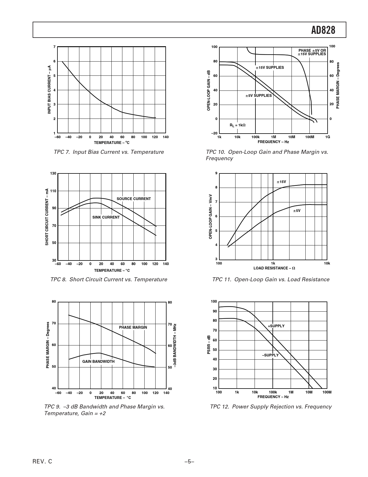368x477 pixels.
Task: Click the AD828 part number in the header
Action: click(x=323, y=30)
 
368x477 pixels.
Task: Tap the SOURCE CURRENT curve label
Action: click(x=134, y=199)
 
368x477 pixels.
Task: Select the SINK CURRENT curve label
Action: click(x=106, y=217)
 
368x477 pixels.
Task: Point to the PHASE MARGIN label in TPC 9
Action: click(x=133, y=328)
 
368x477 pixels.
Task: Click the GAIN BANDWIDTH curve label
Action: click(x=98, y=362)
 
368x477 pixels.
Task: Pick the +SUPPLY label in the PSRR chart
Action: click(x=276, y=326)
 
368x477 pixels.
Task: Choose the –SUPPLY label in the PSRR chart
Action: click(x=270, y=355)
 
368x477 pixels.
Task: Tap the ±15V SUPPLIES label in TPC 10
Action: click(x=270, y=68)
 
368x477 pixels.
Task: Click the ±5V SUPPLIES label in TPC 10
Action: click(x=259, y=96)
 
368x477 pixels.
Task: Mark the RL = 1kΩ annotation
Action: click(x=238, y=125)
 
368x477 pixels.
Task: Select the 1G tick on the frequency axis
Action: click(x=328, y=137)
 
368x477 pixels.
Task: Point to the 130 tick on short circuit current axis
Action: click(x=53, y=173)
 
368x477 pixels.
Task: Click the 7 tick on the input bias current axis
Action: click(x=54, y=47)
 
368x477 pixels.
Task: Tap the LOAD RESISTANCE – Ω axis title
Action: click(x=274, y=268)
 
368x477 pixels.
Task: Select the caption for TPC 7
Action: click(x=109, y=152)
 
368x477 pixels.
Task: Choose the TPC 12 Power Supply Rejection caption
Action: click(x=271, y=407)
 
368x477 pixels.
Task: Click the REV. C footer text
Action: click(x=43, y=462)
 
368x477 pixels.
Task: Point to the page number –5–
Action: click(x=189, y=462)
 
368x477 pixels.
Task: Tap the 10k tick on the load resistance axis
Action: click(x=327, y=264)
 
